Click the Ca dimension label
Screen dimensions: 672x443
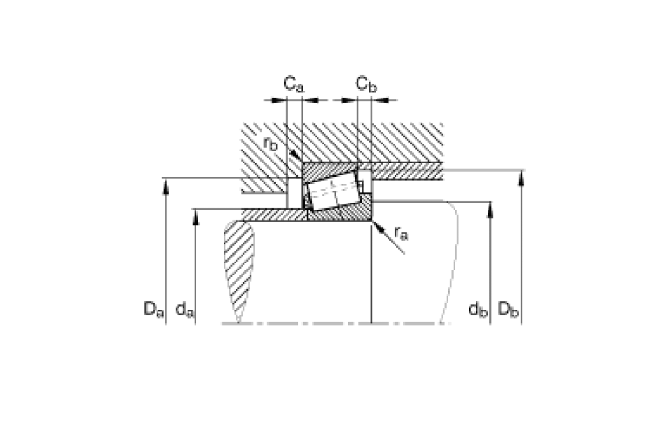(293, 84)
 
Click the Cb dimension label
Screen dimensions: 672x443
(366, 84)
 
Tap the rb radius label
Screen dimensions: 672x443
(270, 143)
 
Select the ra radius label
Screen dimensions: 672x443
(401, 233)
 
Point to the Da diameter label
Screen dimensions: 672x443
(154, 309)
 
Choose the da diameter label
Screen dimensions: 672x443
(185, 309)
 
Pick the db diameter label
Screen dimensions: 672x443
(478, 309)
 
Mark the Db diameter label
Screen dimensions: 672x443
(508, 309)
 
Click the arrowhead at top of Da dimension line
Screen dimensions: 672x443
(166, 186)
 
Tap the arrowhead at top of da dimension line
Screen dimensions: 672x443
(195, 217)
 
